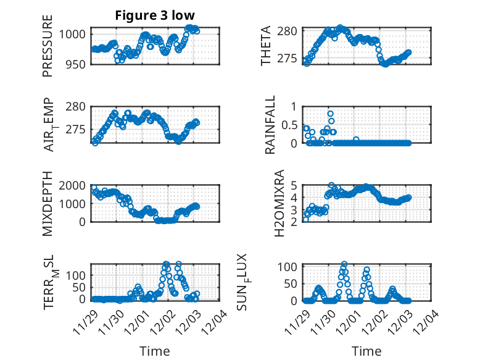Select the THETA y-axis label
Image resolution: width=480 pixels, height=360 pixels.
click(x=266, y=46)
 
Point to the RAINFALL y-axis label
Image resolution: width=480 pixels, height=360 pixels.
click(x=270, y=125)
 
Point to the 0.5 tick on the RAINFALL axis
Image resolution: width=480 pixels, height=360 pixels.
click(x=290, y=125)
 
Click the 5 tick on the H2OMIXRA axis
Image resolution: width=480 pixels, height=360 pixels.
click(x=296, y=185)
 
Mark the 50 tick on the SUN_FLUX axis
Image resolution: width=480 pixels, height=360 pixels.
click(x=292, y=283)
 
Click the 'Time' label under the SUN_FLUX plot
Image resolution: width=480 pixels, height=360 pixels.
click(x=366, y=351)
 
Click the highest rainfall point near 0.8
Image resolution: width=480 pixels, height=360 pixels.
click(x=331, y=114)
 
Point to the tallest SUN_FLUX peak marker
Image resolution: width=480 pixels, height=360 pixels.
click(x=344, y=264)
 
